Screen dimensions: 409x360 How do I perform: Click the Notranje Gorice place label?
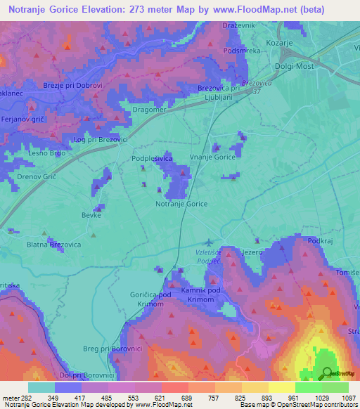(x=181, y=204)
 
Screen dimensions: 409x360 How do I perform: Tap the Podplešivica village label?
(x=152, y=160)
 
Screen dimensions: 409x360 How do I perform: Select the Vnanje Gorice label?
(x=212, y=158)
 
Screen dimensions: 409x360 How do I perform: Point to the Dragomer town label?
(x=149, y=110)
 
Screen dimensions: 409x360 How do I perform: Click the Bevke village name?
(x=91, y=216)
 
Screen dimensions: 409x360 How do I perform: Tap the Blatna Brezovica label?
(x=53, y=244)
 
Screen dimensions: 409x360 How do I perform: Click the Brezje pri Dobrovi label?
(x=73, y=85)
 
